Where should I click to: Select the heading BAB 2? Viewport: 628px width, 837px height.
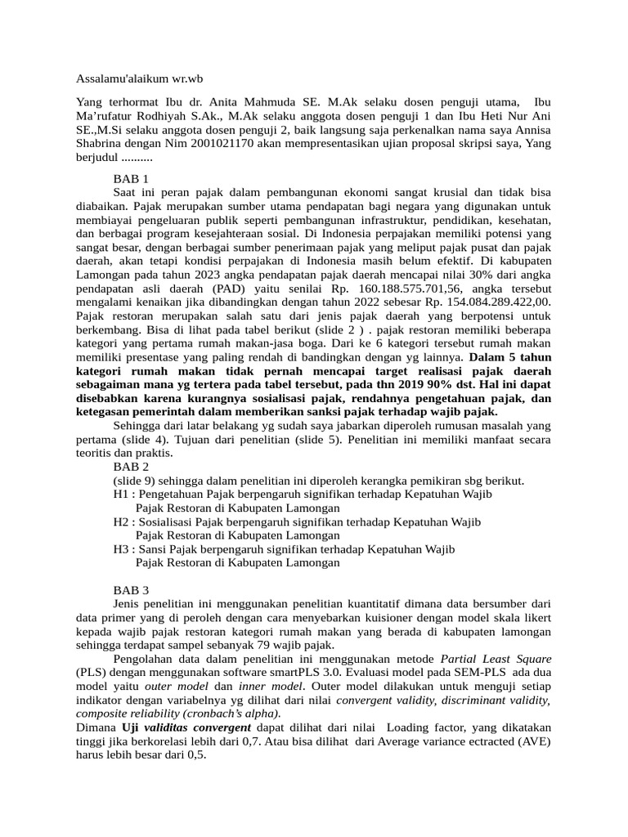[131, 467]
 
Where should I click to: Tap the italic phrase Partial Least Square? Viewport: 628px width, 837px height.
[496, 659]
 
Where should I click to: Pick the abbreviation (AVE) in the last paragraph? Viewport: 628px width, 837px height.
[533, 742]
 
